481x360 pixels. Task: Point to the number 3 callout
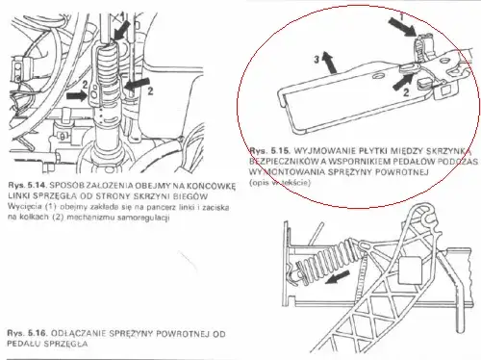[x=316, y=60]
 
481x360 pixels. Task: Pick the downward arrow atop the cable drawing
[x=119, y=28]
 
